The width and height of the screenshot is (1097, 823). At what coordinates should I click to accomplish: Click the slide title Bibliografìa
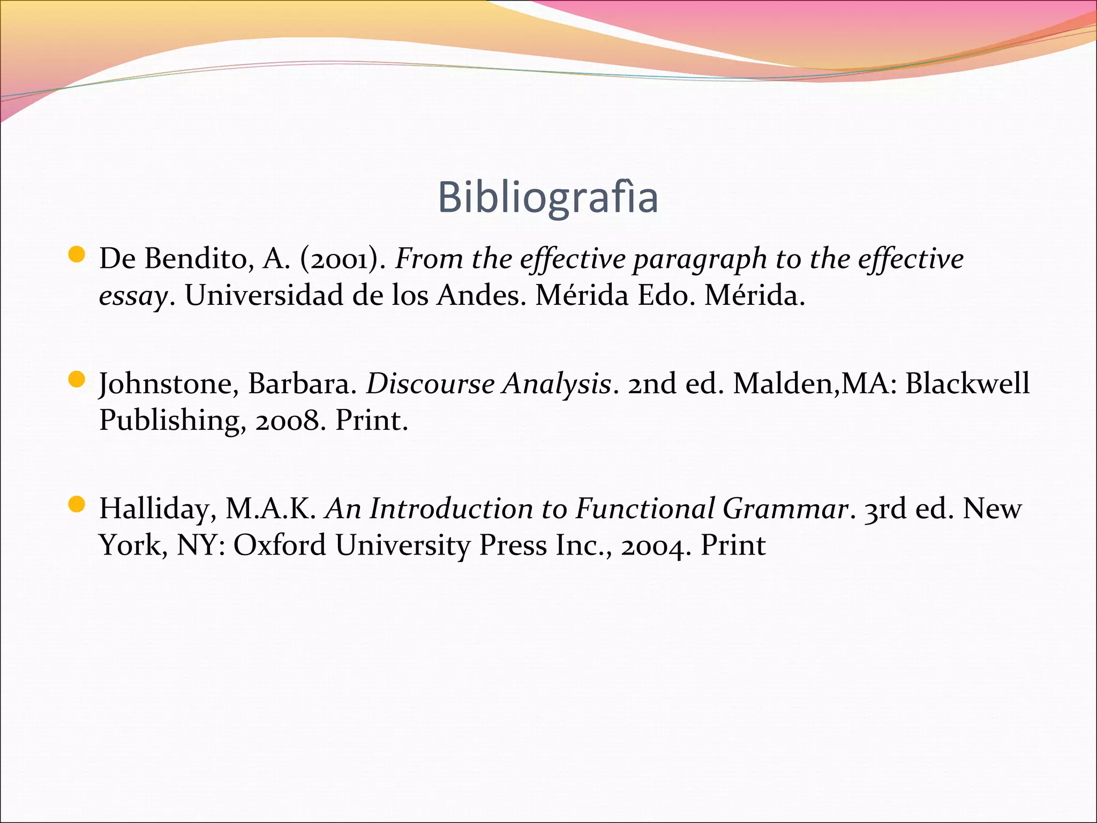(547, 197)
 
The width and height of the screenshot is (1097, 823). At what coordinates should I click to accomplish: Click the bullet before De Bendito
(77, 255)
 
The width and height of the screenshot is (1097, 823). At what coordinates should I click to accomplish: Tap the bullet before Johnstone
(77, 380)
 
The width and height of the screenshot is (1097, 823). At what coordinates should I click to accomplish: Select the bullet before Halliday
(77, 505)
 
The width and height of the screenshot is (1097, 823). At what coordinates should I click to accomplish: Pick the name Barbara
(302, 384)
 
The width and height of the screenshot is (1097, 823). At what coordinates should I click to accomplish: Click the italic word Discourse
(430, 384)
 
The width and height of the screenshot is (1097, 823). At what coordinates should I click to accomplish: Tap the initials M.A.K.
(270, 509)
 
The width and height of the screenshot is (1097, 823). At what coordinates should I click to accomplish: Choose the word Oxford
(280, 545)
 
